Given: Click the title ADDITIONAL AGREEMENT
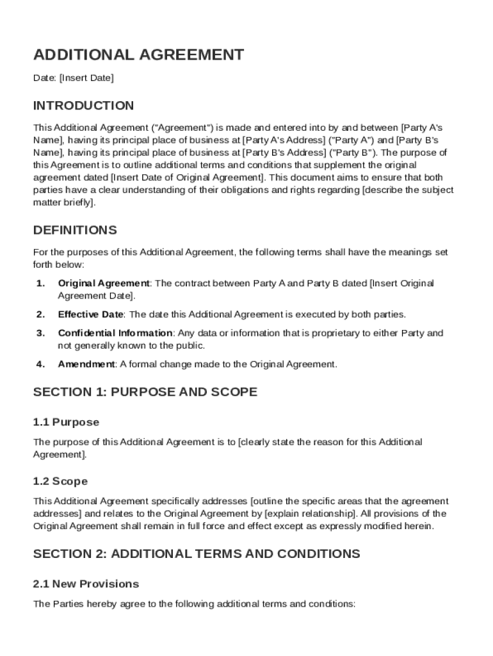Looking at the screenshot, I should [138, 55].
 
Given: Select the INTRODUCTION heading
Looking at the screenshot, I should [83, 106].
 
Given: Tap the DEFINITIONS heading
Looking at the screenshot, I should [75, 230].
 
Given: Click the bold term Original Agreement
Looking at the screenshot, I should [104, 283].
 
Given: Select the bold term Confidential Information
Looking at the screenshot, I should [115, 333].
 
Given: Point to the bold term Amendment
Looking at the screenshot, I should [86, 365].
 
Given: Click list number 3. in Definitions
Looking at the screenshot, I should [40, 333].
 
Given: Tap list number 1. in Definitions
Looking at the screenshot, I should [40, 283].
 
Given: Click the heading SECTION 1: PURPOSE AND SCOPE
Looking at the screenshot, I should [145, 392].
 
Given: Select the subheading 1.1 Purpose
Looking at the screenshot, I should [66, 422].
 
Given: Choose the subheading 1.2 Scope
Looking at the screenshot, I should [60, 481].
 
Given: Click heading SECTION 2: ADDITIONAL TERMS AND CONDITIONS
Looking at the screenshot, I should [197, 553].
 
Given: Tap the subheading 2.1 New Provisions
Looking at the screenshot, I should [86, 584].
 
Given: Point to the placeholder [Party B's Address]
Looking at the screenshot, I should [284, 152].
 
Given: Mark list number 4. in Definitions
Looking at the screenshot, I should [40, 365].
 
